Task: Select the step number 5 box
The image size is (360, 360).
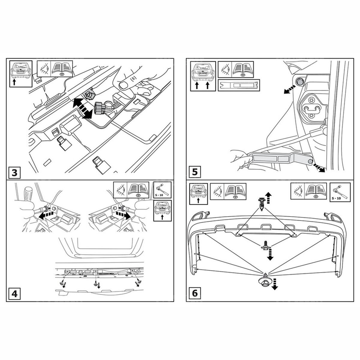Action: (195, 172)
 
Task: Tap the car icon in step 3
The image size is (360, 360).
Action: (21, 74)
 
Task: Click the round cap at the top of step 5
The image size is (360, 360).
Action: (299, 81)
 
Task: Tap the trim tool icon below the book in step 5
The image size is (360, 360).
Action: (239, 85)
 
